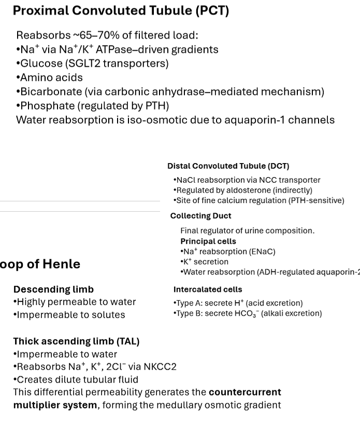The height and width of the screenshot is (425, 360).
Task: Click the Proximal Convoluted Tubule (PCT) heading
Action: [121, 10]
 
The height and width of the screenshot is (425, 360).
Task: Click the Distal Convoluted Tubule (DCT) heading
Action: [228, 166]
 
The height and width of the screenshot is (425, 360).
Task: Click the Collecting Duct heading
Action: [201, 216]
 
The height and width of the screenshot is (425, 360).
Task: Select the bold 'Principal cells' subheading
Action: [208, 241]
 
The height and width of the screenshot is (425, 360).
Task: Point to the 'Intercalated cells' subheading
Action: [208, 289]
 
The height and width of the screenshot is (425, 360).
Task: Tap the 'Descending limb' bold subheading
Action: [53, 289]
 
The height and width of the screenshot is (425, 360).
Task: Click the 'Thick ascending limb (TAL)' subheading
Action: [76, 341]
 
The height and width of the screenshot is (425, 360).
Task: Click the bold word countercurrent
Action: [244, 392]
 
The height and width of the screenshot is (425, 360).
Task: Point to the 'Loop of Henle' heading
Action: [40, 263]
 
